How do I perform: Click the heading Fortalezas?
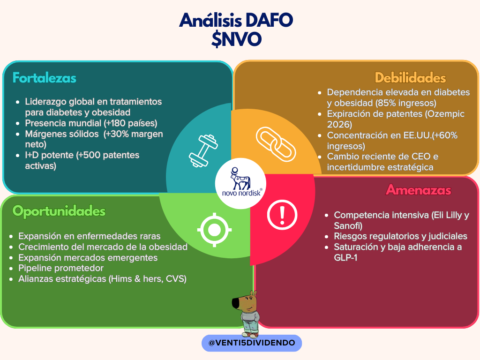click(45, 78)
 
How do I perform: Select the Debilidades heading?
click(410, 78)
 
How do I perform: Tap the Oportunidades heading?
click(59, 211)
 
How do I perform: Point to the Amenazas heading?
click(419, 190)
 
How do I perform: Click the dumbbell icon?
click(203, 150)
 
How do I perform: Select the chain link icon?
click(276, 144)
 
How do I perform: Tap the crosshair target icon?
click(214, 230)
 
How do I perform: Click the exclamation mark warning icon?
click(282, 215)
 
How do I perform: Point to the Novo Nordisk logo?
click(240, 183)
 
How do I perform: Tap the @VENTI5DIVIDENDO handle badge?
click(252, 343)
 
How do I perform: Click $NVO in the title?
click(236, 39)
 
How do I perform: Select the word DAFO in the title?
click(269, 20)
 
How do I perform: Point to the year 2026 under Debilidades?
click(339, 125)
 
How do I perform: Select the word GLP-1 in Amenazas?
click(345, 257)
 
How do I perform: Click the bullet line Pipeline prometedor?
click(61, 268)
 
